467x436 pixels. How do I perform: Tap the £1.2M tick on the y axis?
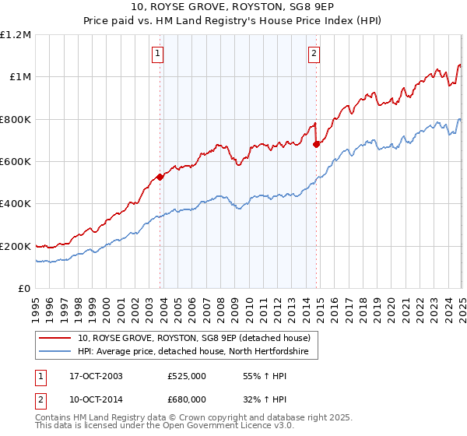pos(16,34)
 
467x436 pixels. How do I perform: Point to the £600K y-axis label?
pos(16,162)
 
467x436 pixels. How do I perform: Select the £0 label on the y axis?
pos(25,289)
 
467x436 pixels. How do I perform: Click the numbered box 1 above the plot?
pos(158,54)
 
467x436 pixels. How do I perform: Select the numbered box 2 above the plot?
pos(313,54)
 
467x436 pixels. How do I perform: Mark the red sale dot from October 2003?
pos(160,177)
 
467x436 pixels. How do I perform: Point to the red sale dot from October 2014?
pos(316,144)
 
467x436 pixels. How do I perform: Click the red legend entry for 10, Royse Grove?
pos(194,338)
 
